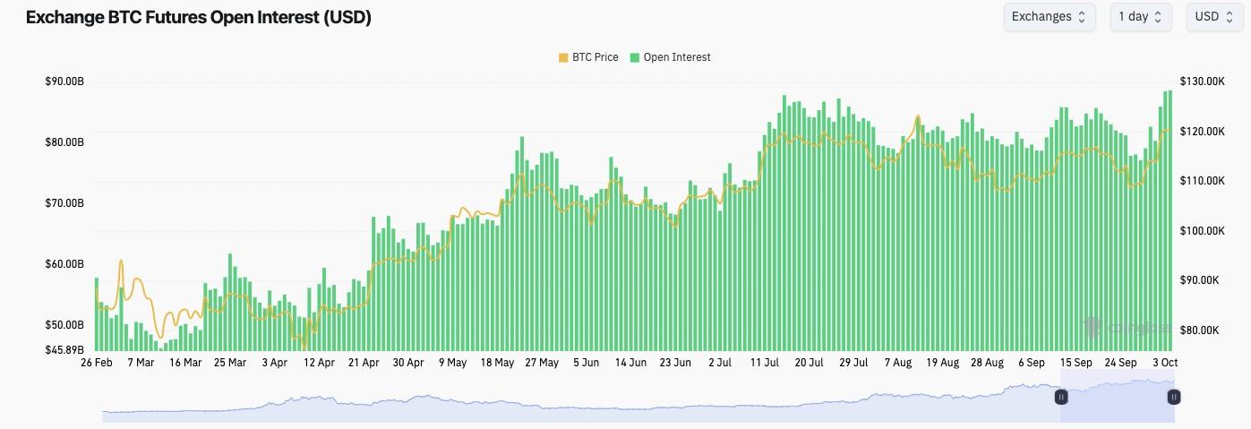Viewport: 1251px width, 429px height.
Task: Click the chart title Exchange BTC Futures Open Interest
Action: coord(198,18)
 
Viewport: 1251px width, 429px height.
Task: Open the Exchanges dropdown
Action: coord(1049,16)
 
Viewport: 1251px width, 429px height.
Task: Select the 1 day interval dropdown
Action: coord(1140,16)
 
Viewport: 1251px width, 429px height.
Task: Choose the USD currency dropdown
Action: coord(1213,16)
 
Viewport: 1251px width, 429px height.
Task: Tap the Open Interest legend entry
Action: coord(671,57)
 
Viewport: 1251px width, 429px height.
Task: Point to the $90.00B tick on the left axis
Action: coord(64,82)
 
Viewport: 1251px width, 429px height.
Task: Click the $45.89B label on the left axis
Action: coord(64,349)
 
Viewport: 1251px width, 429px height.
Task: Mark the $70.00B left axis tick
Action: coord(64,203)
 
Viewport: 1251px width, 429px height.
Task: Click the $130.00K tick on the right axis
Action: coord(1202,82)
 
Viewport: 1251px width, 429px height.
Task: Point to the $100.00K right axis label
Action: coord(1202,231)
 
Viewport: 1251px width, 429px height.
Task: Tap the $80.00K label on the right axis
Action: coord(1200,330)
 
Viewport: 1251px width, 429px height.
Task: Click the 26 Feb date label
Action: coord(96,363)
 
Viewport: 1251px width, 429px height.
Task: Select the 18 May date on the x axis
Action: coord(497,363)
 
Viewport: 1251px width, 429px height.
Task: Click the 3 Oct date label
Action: coord(1165,363)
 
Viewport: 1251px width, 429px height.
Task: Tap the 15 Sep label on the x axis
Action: coord(1075,363)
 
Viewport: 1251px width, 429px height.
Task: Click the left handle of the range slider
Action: coord(1061,396)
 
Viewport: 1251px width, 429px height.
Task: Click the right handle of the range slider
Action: coord(1174,396)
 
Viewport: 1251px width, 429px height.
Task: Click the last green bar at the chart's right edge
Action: coord(1170,219)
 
